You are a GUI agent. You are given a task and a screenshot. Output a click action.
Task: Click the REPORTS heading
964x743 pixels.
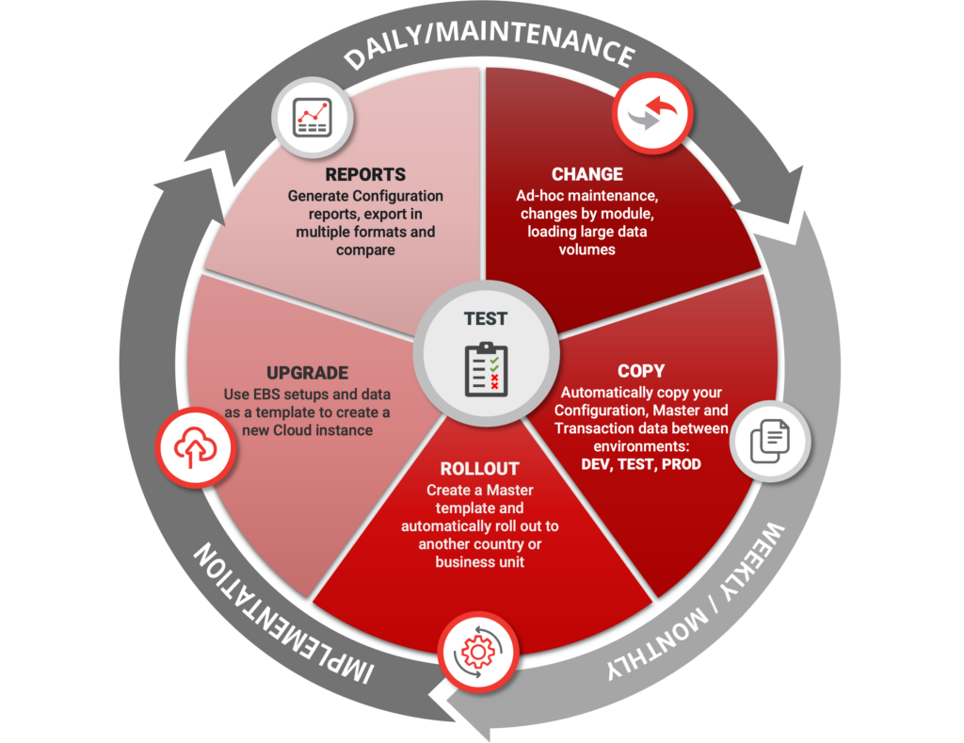tap(365, 175)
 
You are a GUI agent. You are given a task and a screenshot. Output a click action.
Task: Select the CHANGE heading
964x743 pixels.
tap(586, 174)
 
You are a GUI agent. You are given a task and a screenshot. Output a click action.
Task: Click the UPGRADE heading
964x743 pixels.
tap(307, 373)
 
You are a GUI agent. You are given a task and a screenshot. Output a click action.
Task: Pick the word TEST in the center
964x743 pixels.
tap(486, 318)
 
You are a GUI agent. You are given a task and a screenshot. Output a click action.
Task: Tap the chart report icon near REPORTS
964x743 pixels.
tap(312, 117)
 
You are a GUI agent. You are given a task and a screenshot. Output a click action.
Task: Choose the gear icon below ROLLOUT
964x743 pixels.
tap(478, 651)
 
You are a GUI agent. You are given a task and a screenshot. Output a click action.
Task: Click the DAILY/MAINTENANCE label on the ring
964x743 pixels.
tap(488, 42)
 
